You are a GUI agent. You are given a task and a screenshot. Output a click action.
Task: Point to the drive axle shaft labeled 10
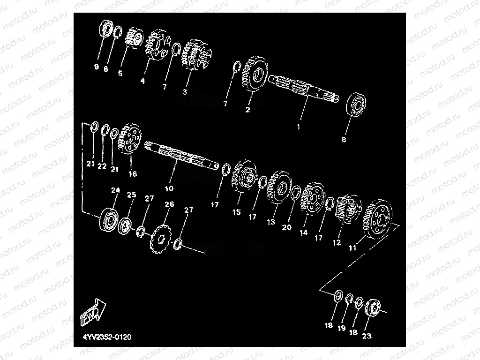click(180, 155)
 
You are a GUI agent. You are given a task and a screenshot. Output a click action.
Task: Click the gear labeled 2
click(254, 77)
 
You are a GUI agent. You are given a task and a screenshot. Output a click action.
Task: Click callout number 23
click(367, 336)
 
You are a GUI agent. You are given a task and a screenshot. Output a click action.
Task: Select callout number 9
click(97, 67)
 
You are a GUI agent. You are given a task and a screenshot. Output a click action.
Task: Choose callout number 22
click(102, 166)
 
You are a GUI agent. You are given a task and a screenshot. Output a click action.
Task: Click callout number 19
click(342, 329)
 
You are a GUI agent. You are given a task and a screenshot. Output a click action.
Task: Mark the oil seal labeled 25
click(126, 225)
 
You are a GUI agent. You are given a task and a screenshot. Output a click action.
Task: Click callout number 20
click(286, 227)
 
